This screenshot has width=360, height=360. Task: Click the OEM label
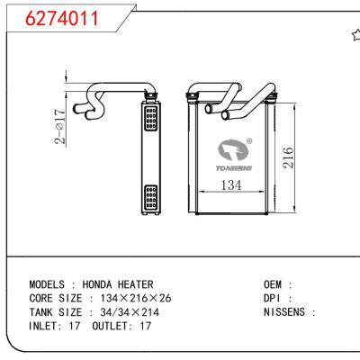[273, 283]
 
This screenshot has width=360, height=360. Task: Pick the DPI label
[273, 298]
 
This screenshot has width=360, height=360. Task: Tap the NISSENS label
[284, 312]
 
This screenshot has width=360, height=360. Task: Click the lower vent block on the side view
[149, 195]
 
